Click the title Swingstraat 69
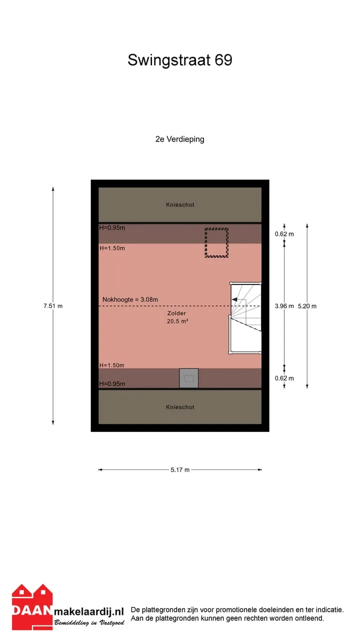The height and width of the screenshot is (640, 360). (179, 60)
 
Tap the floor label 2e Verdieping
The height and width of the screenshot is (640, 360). (179, 139)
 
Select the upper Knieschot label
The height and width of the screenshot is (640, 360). (180, 204)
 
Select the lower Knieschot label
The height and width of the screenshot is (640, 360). (180, 407)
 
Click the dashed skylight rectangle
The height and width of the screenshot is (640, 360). (216, 228)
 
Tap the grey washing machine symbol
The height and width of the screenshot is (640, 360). (188, 378)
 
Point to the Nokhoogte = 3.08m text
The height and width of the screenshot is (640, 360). (130, 299)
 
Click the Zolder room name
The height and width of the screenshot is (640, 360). (176, 313)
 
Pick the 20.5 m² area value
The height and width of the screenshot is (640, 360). (177, 321)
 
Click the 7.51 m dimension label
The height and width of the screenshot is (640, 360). (53, 306)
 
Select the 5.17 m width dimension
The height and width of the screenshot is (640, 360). (180, 470)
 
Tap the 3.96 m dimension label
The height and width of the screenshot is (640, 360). (284, 306)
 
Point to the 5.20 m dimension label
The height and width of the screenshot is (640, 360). (307, 306)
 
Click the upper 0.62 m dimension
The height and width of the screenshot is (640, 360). (284, 234)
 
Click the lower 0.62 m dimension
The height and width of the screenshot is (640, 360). (284, 378)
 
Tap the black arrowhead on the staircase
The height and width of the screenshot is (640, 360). (234, 299)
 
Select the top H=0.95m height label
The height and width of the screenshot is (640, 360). (112, 227)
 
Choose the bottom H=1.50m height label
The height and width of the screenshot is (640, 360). (111, 365)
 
